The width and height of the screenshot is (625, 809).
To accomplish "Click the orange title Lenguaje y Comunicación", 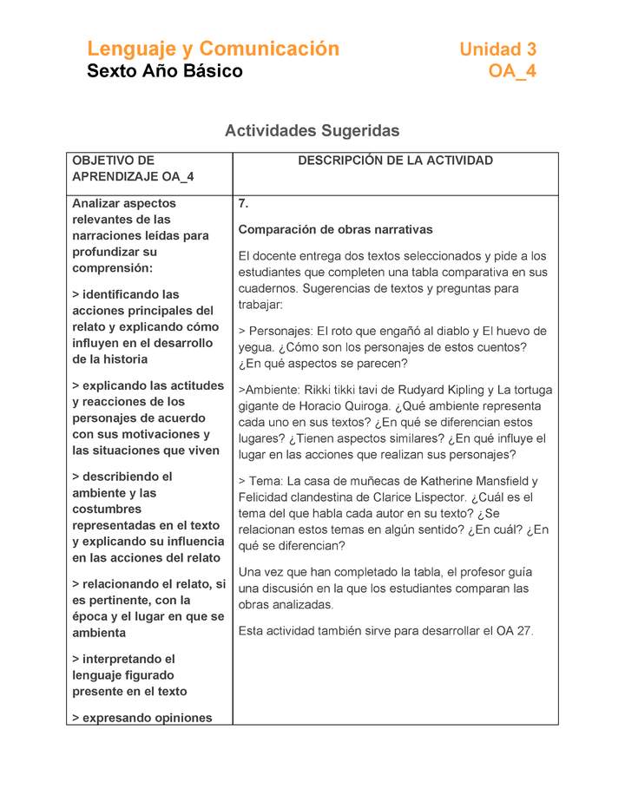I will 213,49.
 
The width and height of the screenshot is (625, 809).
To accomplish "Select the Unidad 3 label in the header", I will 497,49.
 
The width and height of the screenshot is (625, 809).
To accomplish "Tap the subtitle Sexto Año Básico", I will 164,71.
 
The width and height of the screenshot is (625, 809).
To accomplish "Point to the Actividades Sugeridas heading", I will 312,131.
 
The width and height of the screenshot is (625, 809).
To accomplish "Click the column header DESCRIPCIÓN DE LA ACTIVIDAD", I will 395,161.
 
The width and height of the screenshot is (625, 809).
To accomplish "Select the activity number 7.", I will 243,204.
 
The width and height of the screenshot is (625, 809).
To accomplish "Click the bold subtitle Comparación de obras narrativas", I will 335,230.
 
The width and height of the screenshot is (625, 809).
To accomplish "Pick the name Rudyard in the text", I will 431,390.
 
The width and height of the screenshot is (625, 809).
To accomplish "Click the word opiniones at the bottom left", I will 179,718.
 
